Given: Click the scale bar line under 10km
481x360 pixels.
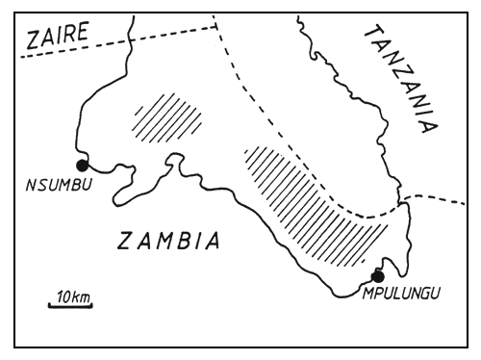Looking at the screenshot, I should pos(71,308).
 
